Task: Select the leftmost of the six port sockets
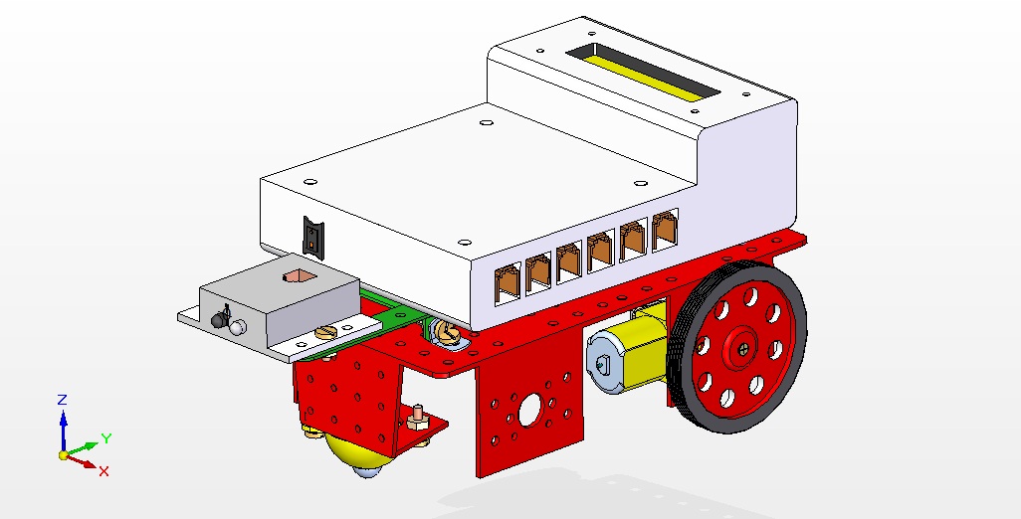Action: click(507, 282)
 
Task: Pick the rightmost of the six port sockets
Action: click(664, 232)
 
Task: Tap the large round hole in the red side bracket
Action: click(528, 407)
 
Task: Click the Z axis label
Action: click(62, 400)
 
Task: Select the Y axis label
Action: click(105, 437)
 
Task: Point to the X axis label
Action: click(103, 470)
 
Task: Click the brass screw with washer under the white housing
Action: click(445, 334)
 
